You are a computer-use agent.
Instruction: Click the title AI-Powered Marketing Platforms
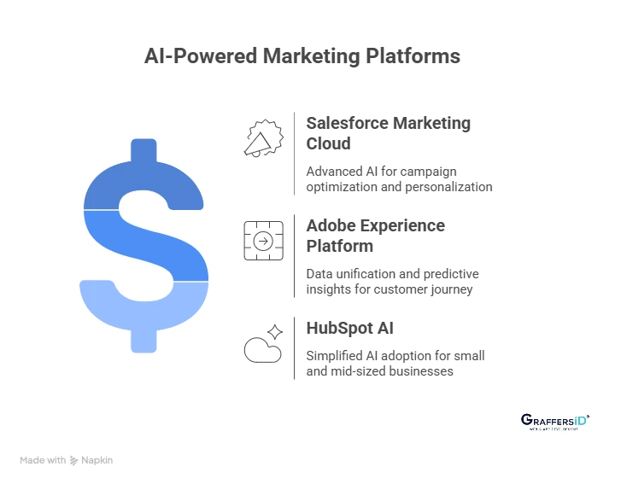302,56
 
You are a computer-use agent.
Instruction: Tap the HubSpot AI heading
350,328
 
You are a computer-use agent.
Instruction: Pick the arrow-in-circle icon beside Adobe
263,241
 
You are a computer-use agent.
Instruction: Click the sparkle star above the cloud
274,332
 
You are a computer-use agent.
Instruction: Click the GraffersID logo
554,422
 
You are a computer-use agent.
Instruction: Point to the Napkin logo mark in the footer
75,460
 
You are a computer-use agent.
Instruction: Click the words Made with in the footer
43,460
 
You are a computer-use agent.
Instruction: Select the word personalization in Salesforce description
452,186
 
